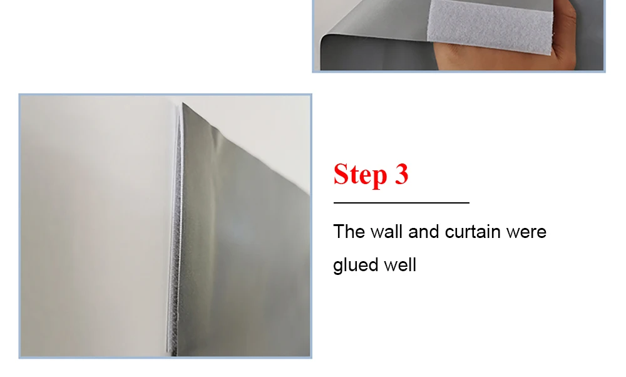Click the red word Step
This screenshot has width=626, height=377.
360,174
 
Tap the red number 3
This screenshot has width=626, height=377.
402,173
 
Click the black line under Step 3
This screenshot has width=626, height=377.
401,203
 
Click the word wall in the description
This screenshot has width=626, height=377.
386,232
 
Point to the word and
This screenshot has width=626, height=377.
423,232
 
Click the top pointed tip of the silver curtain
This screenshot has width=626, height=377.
183,103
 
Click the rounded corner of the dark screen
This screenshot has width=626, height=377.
326,39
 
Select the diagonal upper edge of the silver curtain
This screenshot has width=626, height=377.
246,148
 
